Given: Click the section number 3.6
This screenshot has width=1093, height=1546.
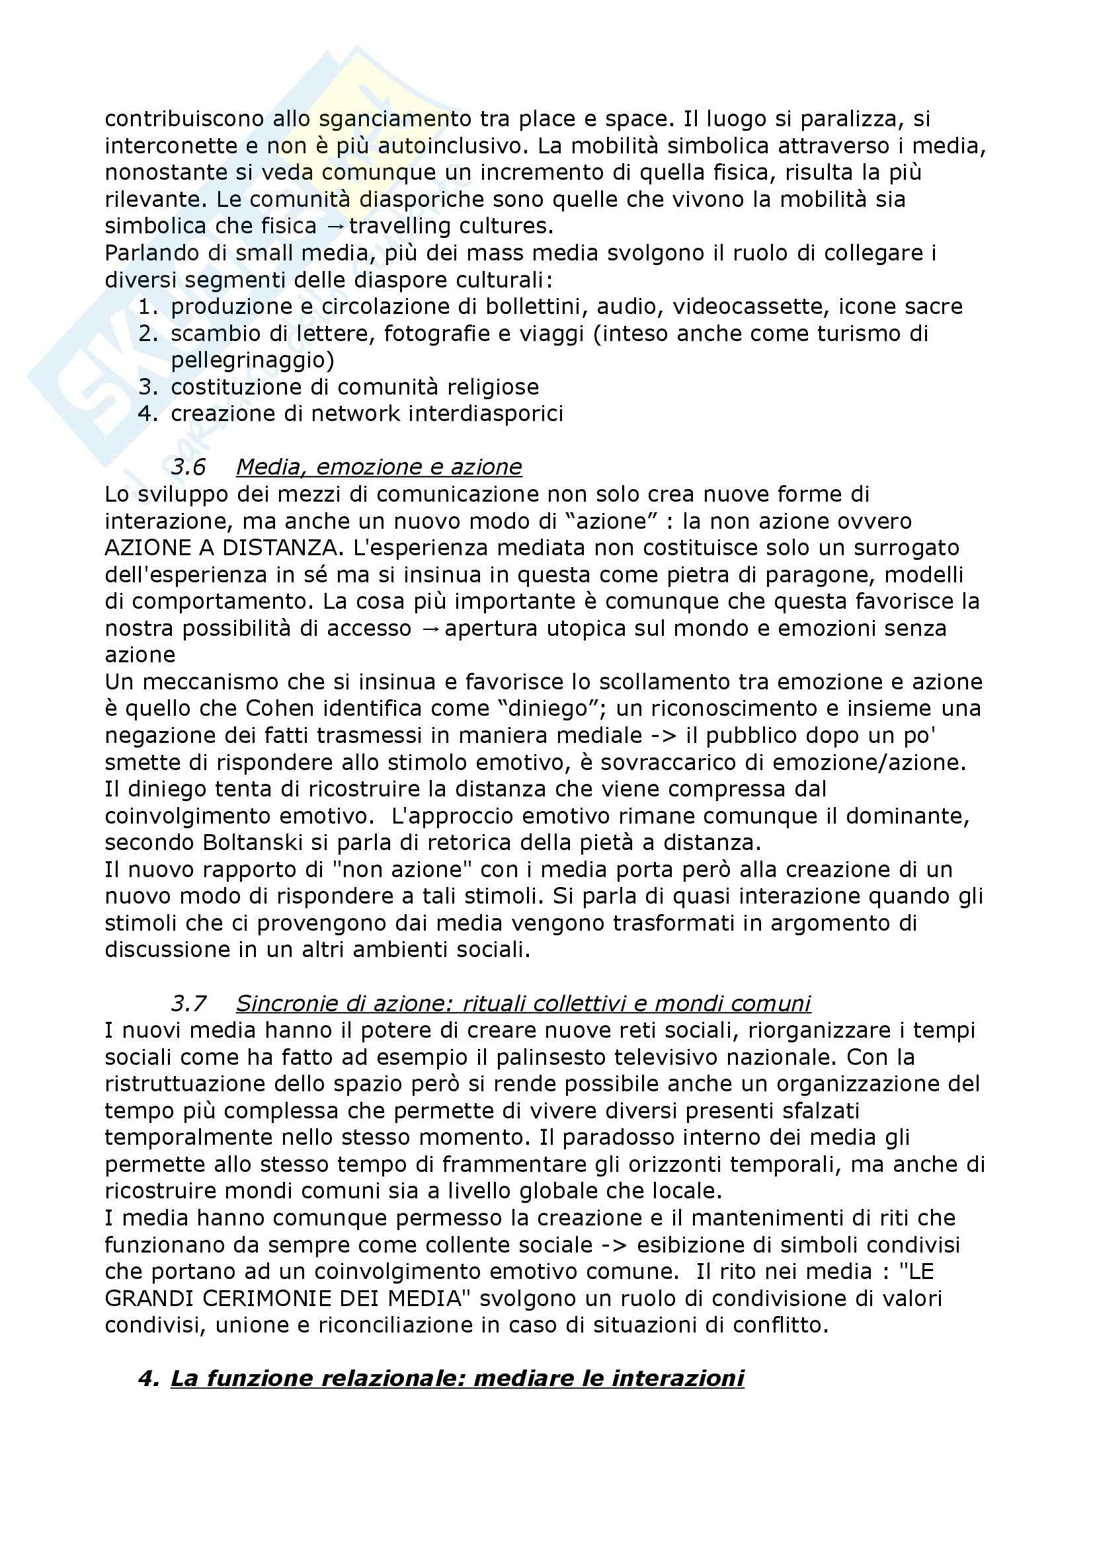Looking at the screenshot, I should click(188, 467).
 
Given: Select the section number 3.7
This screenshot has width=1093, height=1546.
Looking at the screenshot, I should click(188, 1003).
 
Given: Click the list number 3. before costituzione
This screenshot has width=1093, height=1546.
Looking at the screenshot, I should click(148, 387).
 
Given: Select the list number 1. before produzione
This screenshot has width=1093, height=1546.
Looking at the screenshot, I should click(148, 307).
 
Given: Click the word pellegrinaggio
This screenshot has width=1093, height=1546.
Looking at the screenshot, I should click(252, 360).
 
